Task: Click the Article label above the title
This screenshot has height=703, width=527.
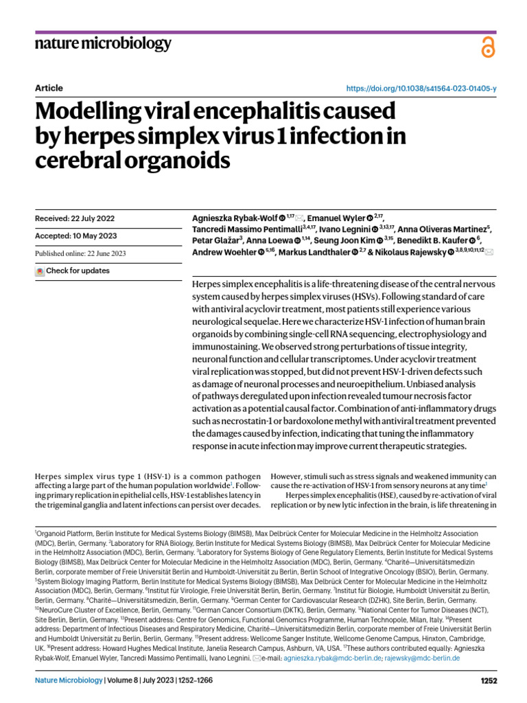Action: (x=48, y=89)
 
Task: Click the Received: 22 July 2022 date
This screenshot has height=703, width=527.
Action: (x=74, y=219)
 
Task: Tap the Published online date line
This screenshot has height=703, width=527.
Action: (x=80, y=254)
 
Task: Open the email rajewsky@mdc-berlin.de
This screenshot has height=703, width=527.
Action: (x=422, y=658)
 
